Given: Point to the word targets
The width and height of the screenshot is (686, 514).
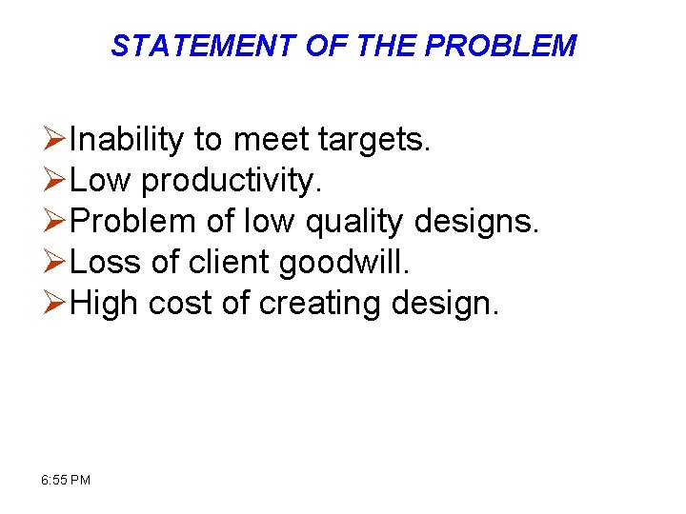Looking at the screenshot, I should (375, 141).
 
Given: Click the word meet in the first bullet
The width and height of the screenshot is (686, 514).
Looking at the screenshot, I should (270, 141).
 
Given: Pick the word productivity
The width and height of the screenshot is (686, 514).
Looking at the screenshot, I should (227, 182).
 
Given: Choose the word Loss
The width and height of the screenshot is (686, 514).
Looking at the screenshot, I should (105, 263).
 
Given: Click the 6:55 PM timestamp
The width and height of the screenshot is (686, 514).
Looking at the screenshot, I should (67, 480).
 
